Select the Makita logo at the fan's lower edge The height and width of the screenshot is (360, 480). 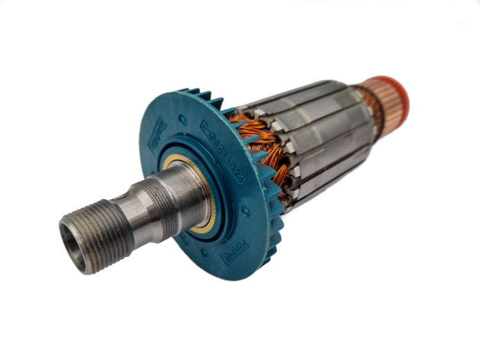tap(234, 250)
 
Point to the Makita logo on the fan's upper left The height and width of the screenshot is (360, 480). tap(157, 135)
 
